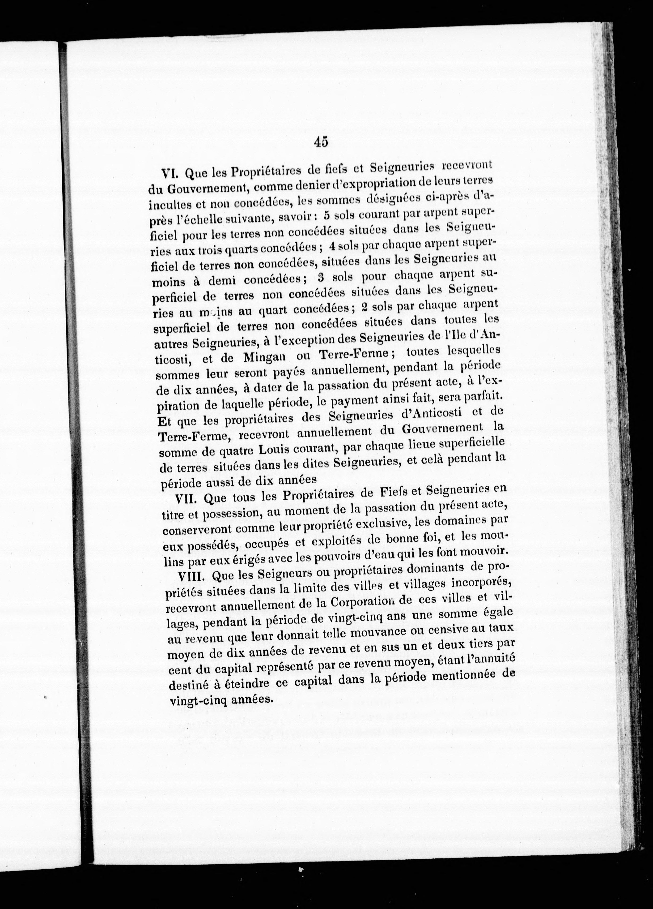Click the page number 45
pos(321,142)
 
